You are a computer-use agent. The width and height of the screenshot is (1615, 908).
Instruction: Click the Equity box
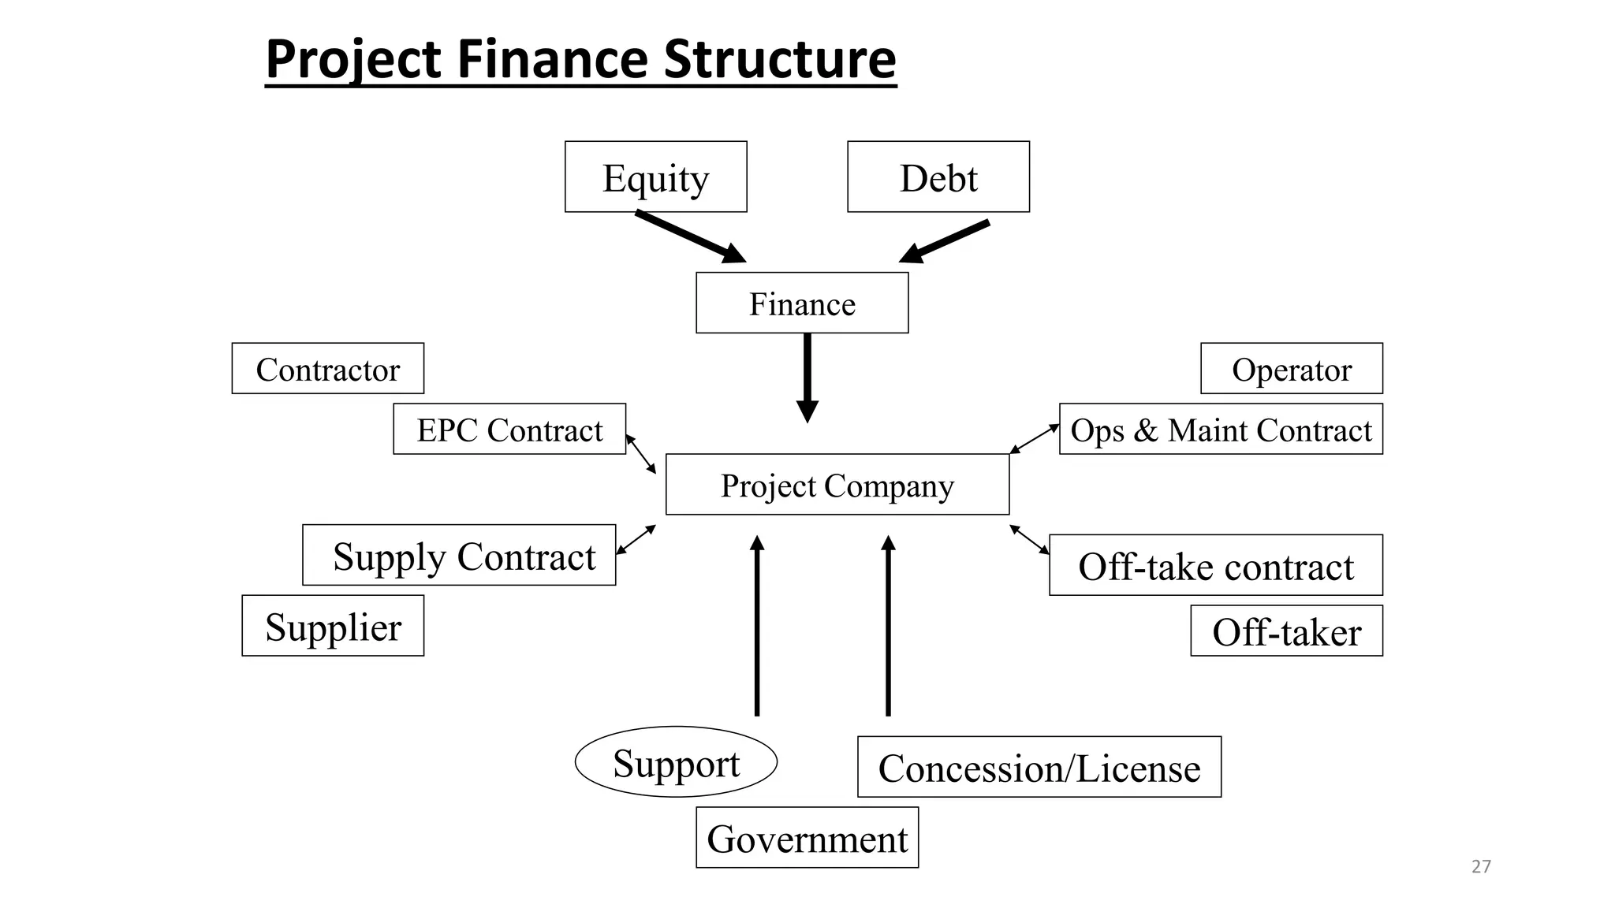655,177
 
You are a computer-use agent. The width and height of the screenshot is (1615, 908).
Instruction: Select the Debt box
938,177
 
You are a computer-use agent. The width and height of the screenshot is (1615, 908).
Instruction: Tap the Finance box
802,303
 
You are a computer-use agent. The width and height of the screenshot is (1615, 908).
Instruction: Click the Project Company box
837,484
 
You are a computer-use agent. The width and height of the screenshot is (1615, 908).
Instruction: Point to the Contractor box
327,368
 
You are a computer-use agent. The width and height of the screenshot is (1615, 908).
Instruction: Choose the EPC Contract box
509,429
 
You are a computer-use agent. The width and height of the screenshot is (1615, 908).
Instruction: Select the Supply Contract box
459,555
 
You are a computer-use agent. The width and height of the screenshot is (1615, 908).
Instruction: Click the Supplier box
333,626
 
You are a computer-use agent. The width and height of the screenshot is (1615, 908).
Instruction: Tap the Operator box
1291,368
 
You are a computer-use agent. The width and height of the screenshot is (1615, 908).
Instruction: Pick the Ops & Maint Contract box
1220,429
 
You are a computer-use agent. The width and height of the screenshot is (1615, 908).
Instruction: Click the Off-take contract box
1215,565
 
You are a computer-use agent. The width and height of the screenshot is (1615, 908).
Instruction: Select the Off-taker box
1286,631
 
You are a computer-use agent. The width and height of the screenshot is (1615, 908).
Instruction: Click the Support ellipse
676,761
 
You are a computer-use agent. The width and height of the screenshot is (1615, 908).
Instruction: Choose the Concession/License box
1039,767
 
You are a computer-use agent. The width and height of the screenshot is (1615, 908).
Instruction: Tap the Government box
807,837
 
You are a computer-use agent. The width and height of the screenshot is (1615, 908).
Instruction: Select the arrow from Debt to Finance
946,241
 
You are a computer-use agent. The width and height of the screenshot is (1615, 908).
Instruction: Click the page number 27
1481,866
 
